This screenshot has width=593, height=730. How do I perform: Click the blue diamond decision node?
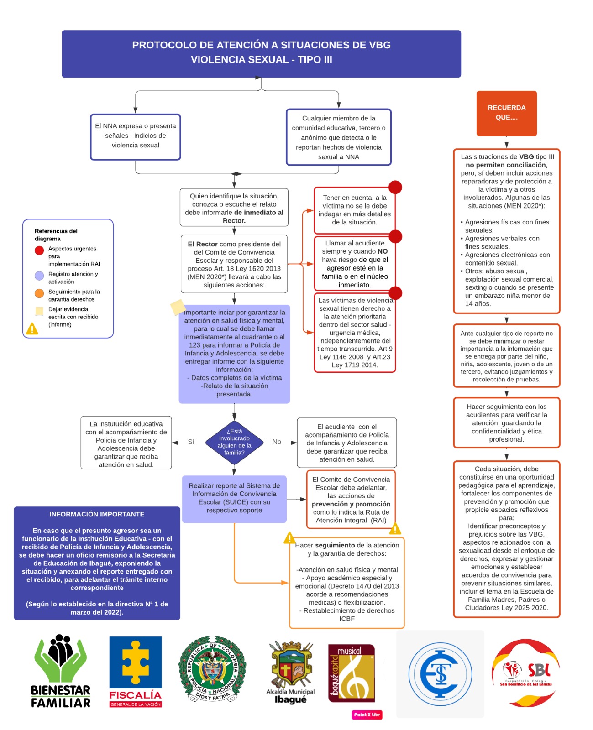pyautogui.click(x=234, y=442)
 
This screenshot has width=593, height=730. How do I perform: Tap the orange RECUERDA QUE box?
pyautogui.click(x=506, y=113)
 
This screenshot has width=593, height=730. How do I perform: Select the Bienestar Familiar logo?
pyautogui.click(x=61, y=671)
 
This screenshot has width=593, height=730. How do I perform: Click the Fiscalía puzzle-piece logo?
pyautogui.click(x=136, y=671)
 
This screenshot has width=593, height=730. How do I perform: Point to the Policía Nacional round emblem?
pyautogui.click(x=212, y=668)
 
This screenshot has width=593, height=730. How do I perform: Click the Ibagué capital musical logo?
pyautogui.click(x=351, y=673)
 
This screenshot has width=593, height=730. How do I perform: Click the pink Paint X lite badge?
pyautogui.click(x=367, y=714)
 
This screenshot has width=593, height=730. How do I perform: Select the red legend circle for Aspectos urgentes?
pyautogui.click(x=39, y=250)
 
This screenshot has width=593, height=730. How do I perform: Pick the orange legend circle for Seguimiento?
pyautogui.click(x=39, y=293)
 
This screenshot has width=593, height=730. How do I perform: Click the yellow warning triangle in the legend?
pyautogui.click(x=32, y=328)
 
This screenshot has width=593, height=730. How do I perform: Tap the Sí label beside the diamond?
pyautogui.click(x=191, y=442)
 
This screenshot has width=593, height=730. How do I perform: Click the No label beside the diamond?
pyautogui.click(x=277, y=442)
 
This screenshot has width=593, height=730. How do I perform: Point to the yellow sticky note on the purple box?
pyautogui.click(x=178, y=307)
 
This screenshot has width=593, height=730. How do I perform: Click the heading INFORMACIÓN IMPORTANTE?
pyautogui.click(x=97, y=514)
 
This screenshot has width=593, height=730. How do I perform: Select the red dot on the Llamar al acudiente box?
pyautogui.click(x=395, y=236)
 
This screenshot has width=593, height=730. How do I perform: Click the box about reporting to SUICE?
pyautogui.click(x=234, y=498)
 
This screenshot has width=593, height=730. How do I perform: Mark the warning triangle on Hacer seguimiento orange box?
pyautogui.click(x=289, y=538)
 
